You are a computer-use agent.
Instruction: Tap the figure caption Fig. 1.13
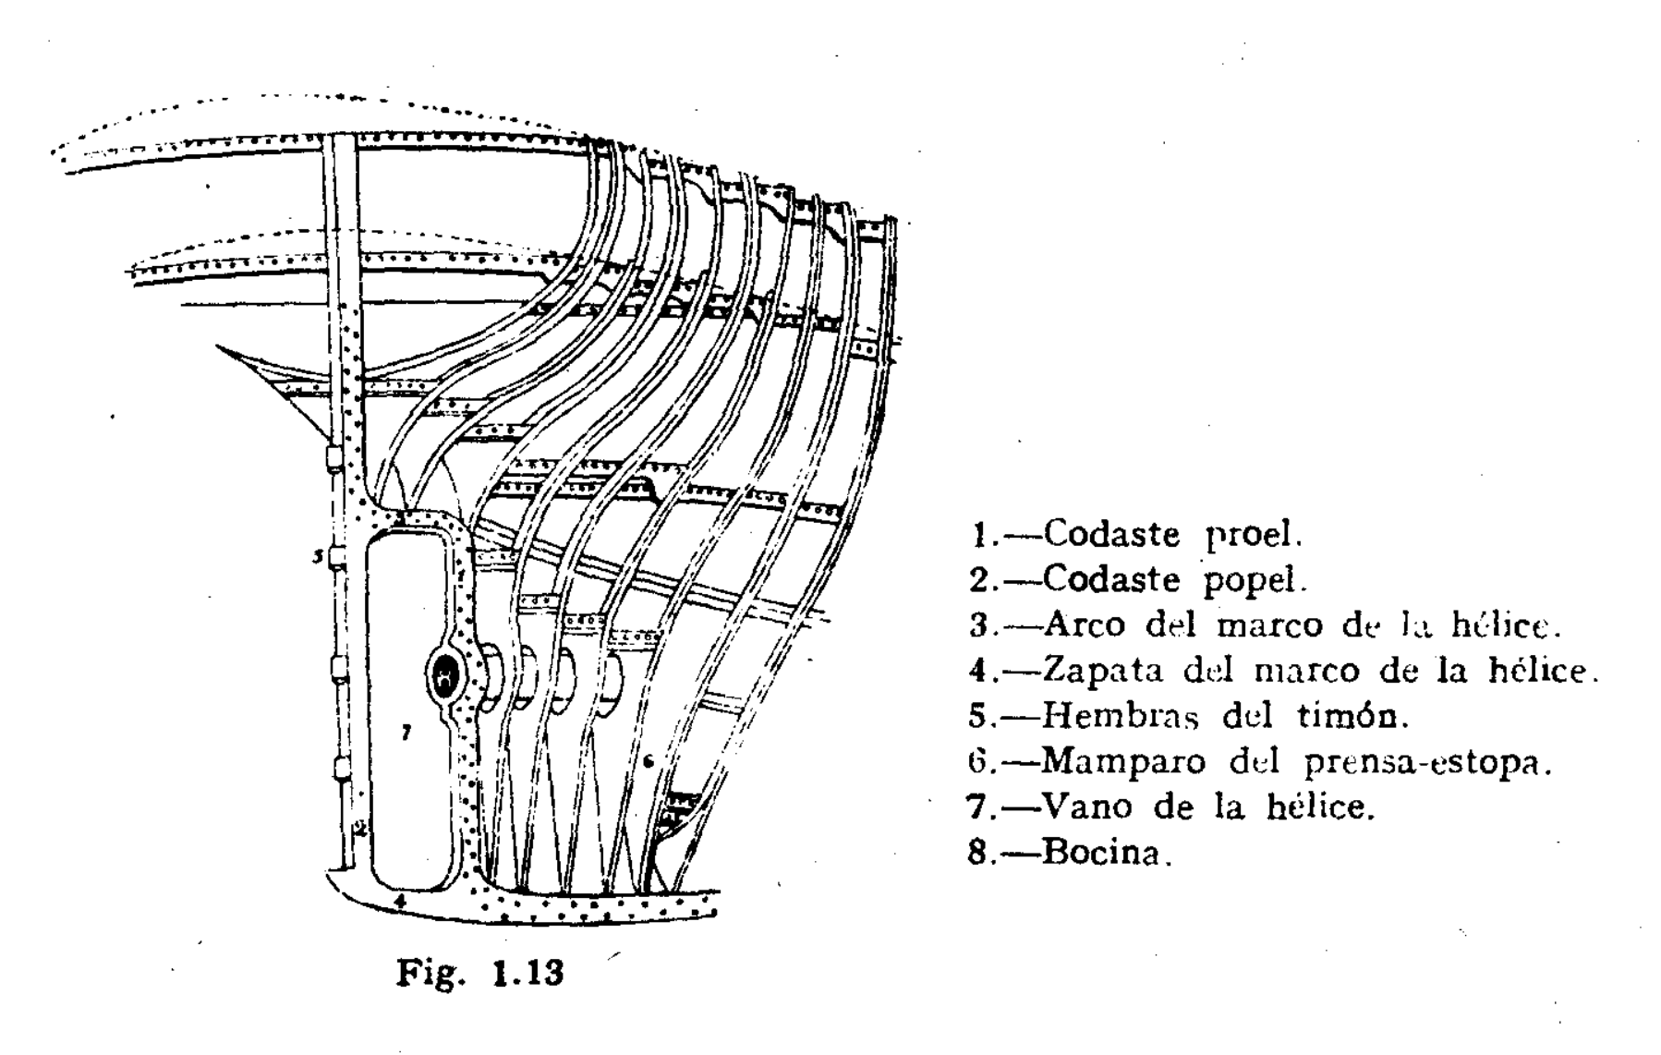point(479,973)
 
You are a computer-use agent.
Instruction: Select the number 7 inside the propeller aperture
point(405,733)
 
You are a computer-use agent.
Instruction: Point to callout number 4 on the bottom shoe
point(399,899)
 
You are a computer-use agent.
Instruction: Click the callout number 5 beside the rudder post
point(317,556)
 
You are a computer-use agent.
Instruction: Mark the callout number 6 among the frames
point(649,761)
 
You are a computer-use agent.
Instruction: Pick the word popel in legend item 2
point(1254,580)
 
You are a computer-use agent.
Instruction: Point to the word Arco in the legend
point(1085,625)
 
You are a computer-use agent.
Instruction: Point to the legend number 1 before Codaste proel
point(980,534)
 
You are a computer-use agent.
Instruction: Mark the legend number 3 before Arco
point(979,625)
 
